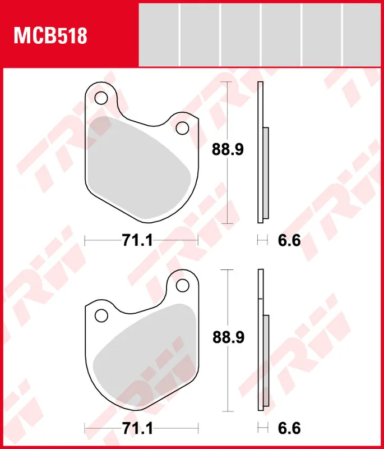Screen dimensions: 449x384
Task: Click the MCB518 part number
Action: pos(50,36)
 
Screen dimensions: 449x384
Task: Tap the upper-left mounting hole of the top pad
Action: pos(101,98)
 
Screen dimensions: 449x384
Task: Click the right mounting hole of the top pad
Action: pos(182,128)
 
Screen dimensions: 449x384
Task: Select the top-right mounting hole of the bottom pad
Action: pos(182,285)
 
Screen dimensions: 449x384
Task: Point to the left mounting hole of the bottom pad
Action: pos(101,315)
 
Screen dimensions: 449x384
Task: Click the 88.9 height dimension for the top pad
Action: pos(227,150)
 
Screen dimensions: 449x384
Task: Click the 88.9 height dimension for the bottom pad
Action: pos(227,337)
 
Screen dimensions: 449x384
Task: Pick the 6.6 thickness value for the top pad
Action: pos(289,241)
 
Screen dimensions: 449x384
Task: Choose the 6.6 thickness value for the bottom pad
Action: pos(289,428)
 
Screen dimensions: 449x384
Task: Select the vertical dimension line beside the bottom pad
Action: pos(226,382)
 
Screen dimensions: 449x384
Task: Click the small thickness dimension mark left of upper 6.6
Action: pos(261,241)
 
